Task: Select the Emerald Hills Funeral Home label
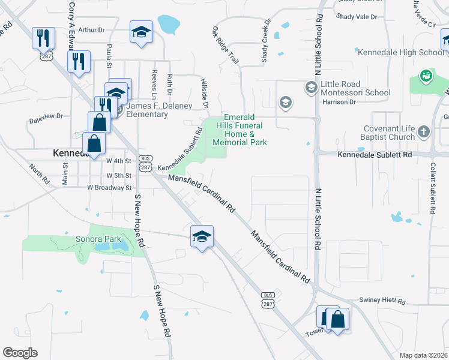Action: [245, 130]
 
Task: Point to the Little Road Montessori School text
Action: [355, 88]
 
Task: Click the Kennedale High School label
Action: [401, 53]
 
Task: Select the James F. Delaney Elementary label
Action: [147, 110]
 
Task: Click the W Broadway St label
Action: [109, 188]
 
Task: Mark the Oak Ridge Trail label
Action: [225, 46]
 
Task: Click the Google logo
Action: [20, 352]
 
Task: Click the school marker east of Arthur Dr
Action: [142, 32]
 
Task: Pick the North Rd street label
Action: [40, 173]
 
